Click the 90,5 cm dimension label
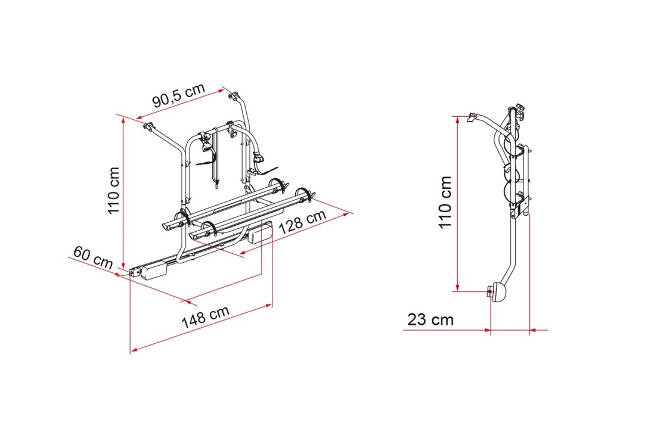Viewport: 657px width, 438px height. point(179,95)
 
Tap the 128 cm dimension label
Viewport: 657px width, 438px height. point(302,222)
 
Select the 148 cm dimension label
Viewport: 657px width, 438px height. point(206,316)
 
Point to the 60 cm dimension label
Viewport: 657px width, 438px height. point(93,257)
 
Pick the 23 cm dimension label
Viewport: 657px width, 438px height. point(430,319)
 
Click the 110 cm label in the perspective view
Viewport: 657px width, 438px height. point(114,191)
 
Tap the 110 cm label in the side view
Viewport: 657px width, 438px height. point(445,202)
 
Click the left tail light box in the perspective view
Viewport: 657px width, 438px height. point(154,269)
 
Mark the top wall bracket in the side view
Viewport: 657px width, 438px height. point(473,117)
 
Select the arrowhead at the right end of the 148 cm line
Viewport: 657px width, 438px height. point(269,305)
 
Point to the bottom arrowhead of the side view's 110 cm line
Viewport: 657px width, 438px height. point(457,287)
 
